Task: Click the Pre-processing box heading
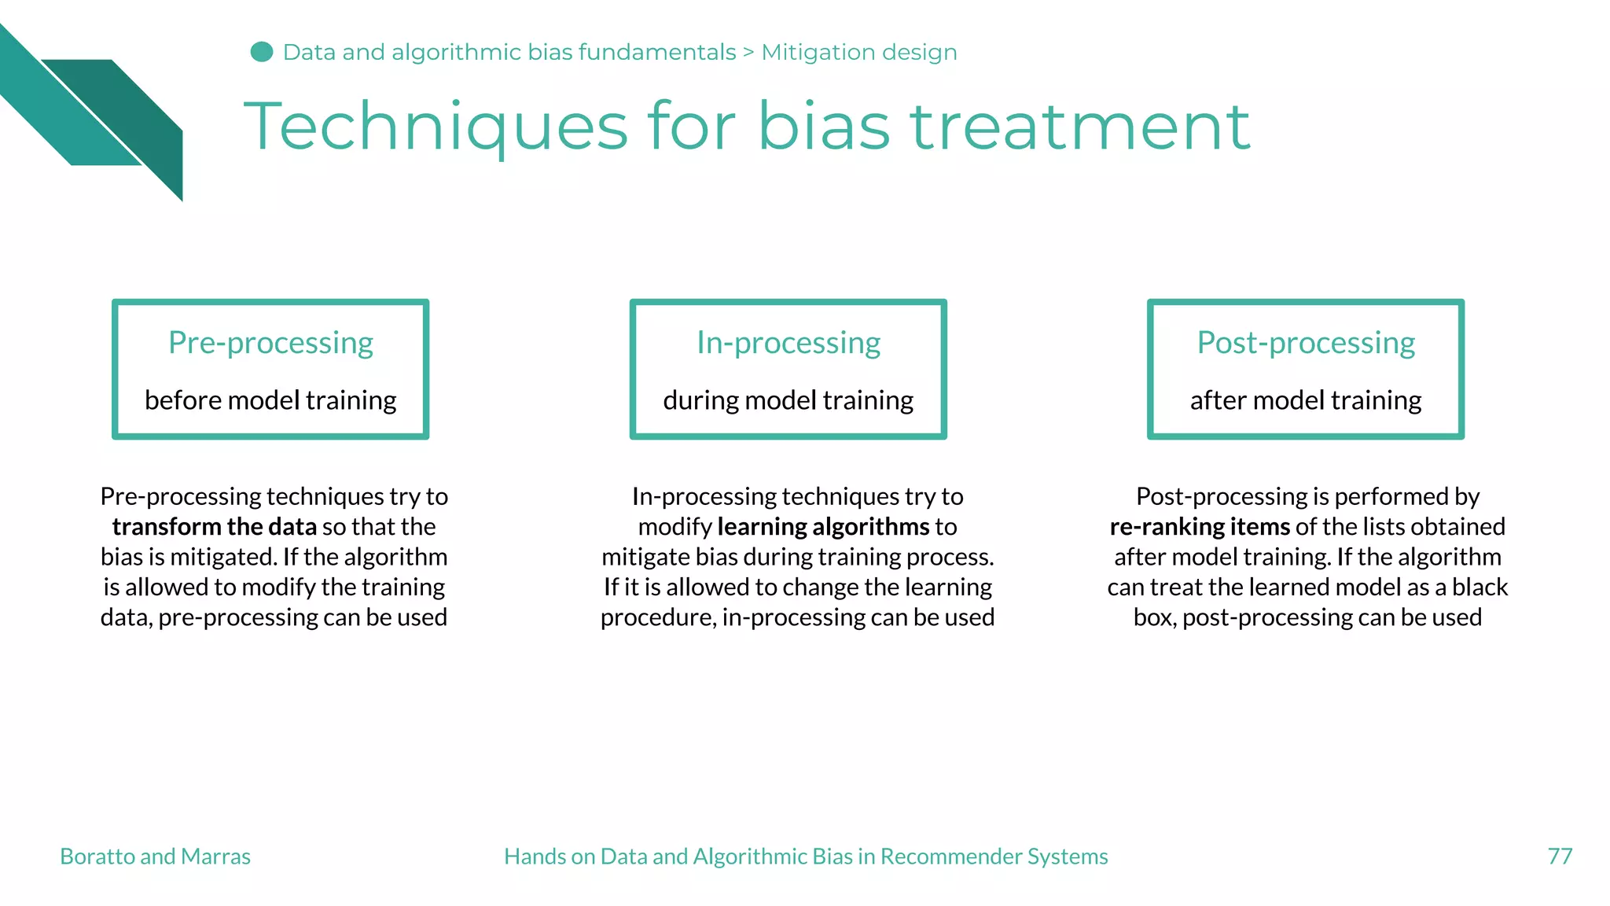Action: click(x=270, y=343)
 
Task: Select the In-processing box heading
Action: click(x=788, y=343)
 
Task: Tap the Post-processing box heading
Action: click(x=1305, y=343)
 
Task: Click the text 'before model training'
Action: click(x=270, y=400)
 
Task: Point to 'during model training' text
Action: click(x=788, y=400)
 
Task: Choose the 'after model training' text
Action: click(x=1305, y=400)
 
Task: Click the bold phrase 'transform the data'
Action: click(x=214, y=526)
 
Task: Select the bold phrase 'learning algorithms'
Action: click(x=823, y=526)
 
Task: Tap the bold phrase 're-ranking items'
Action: click(x=1200, y=526)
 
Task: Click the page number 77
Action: click(x=1560, y=856)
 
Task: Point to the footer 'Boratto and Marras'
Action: click(x=155, y=856)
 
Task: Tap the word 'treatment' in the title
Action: click(x=1079, y=127)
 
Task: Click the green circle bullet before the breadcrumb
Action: click(x=262, y=52)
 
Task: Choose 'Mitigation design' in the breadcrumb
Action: click(x=858, y=53)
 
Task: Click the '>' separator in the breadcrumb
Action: click(x=748, y=53)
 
